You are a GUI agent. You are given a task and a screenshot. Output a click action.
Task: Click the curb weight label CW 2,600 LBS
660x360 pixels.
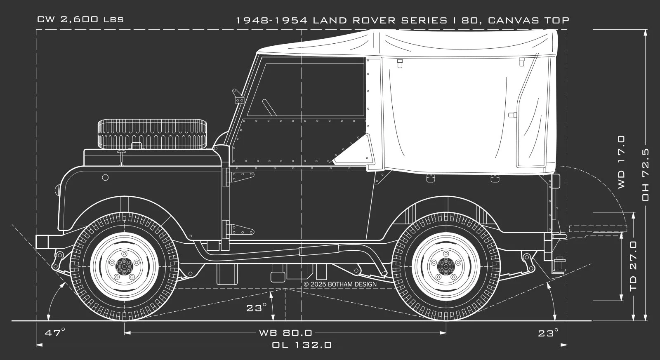[x=80, y=20]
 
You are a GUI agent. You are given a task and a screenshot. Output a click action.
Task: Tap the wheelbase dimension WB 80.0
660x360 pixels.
[x=285, y=332]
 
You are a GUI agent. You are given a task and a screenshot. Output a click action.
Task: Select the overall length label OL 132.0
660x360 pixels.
[x=302, y=345]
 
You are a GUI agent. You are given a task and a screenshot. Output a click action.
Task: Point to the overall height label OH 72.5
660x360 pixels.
[x=646, y=175]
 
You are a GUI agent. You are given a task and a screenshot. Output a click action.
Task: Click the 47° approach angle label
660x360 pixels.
[x=54, y=332]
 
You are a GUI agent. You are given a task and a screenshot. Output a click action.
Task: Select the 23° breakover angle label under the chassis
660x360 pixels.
[x=256, y=308]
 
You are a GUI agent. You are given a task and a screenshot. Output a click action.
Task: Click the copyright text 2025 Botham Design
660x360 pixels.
[x=340, y=284]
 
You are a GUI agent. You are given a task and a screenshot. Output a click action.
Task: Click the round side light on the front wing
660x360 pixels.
[x=105, y=177]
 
